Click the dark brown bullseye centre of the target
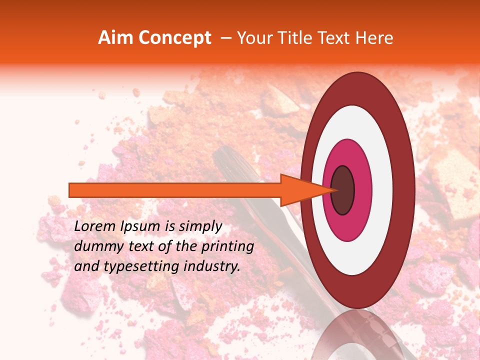[x=342, y=190]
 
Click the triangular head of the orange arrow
[x=300, y=190]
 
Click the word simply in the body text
[x=199, y=226]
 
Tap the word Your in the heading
[x=252, y=38]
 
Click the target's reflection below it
[x=357, y=335]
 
